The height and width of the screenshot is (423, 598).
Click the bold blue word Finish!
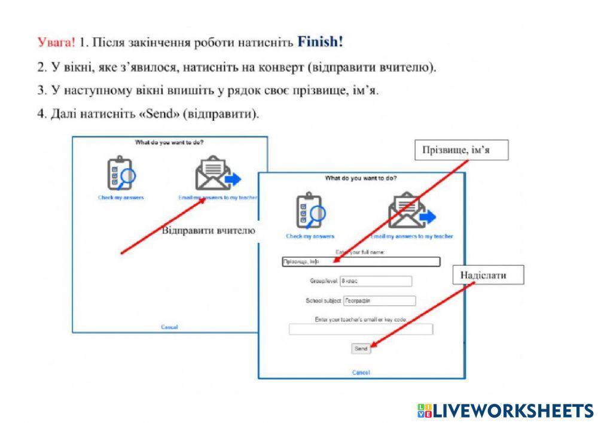coord(320,42)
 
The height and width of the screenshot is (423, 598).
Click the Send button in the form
coord(361,348)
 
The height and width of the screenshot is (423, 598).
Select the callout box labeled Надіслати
coord(484,275)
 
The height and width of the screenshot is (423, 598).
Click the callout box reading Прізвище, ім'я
coord(461,150)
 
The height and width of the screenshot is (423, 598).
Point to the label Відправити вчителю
coord(209,230)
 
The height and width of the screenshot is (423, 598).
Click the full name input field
coord(361,261)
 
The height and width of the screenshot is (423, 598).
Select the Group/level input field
coord(376,281)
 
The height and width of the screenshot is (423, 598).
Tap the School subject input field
coord(379,301)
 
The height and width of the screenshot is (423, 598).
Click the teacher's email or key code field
coord(361,329)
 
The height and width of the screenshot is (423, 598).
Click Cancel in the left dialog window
coord(169,327)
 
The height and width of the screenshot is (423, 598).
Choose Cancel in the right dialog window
coord(361,372)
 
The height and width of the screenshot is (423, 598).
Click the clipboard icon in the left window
coord(120,174)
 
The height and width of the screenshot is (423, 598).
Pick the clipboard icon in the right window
coord(310,210)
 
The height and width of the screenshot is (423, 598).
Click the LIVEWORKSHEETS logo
coord(505,410)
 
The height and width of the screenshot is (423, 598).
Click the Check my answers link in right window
coord(310,236)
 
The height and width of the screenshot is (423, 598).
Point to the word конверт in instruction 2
coord(280,68)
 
